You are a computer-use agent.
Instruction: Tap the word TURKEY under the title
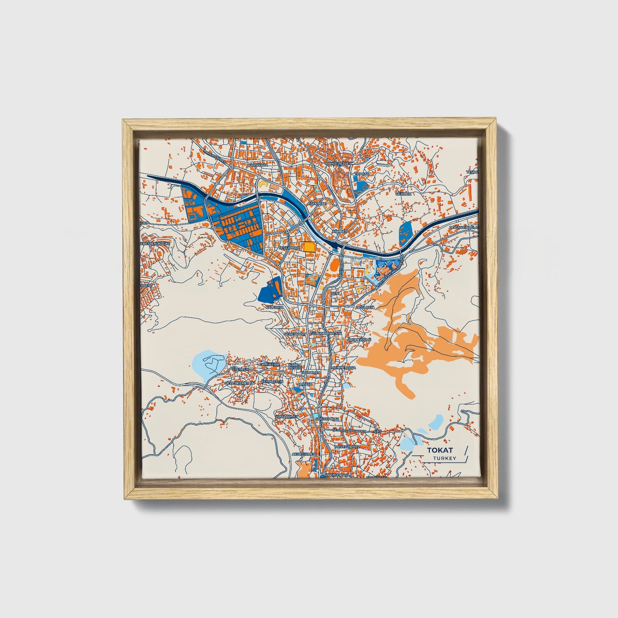tap(444, 458)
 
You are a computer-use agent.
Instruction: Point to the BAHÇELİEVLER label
tap(338, 163)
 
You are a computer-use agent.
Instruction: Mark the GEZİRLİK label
tap(402, 194)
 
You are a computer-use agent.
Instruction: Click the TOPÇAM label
tap(362, 174)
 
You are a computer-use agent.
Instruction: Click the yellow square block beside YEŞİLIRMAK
tap(308, 247)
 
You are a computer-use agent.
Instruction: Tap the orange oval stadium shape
tap(336, 266)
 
